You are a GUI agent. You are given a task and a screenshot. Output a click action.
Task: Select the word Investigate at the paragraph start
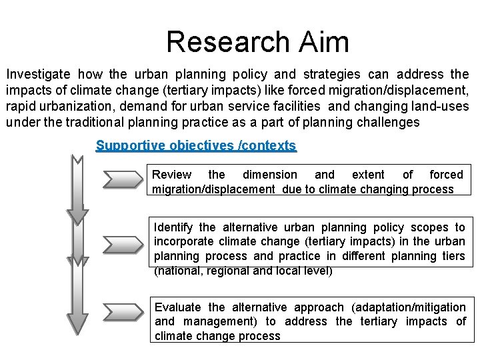[38, 74]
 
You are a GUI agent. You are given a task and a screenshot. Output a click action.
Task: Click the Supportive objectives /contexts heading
[196, 145]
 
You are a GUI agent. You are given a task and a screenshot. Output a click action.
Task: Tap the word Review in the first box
[171, 175]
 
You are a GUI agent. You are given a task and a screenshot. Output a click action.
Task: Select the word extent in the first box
[368, 175]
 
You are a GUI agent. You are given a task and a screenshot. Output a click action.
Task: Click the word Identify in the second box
[175, 228]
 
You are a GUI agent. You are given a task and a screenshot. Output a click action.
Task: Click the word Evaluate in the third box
[177, 307]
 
